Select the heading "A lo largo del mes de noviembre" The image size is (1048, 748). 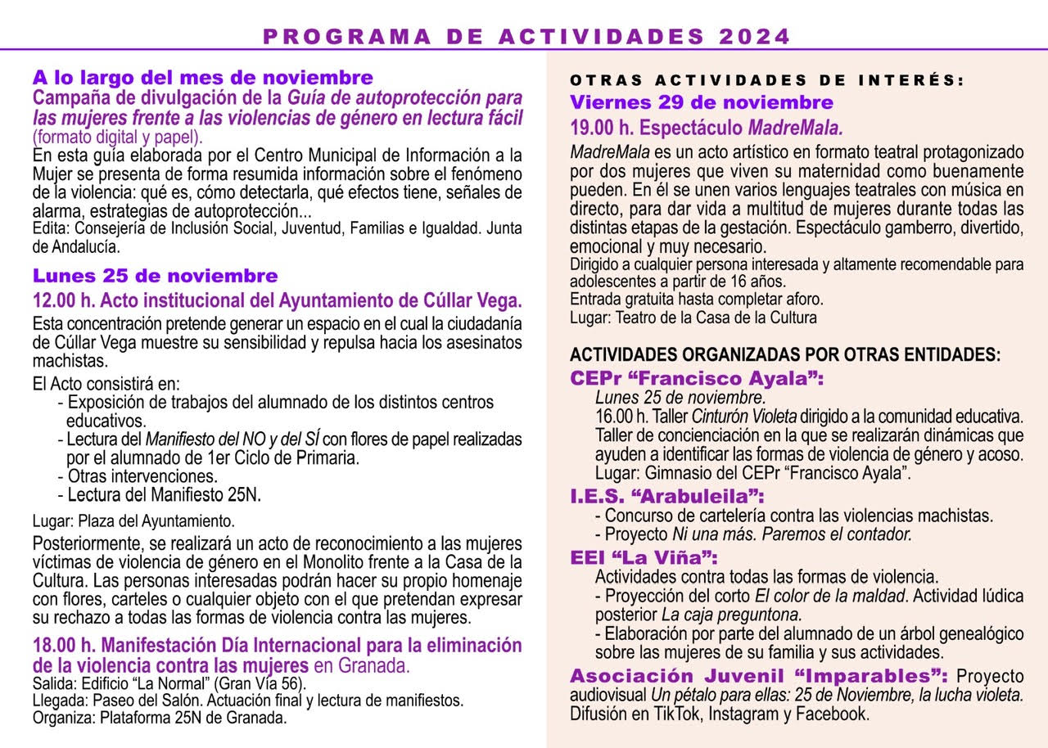(202, 78)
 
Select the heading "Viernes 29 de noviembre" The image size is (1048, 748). (702, 102)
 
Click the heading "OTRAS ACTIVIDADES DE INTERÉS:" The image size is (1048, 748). (767, 80)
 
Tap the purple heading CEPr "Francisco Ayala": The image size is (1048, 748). (697, 379)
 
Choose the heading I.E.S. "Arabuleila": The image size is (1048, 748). (667, 497)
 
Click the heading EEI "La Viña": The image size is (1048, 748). (644, 558)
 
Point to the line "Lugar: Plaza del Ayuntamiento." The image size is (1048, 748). (133, 520)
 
